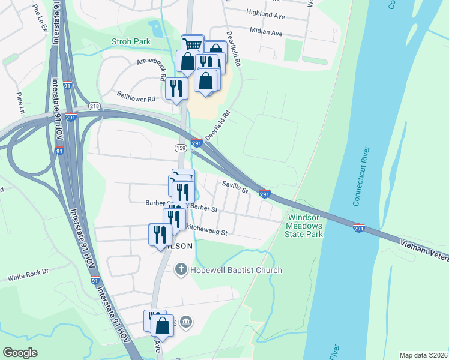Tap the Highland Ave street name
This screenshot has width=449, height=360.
[x=265, y=14]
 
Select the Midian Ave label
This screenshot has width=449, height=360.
[x=267, y=33]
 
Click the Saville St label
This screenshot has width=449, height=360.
[x=235, y=188]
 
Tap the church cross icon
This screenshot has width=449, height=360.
[x=181, y=270]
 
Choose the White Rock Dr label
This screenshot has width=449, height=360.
[x=28, y=278]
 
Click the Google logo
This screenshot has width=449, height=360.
[x=20, y=353]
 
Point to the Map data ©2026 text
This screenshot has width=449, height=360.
[x=423, y=355]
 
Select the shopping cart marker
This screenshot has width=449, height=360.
[x=192, y=44]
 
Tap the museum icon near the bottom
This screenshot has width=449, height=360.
[x=186, y=323]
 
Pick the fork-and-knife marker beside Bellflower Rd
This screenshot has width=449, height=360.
[x=176, y=88]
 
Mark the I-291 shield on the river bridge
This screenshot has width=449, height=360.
[x=358, y=228]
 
